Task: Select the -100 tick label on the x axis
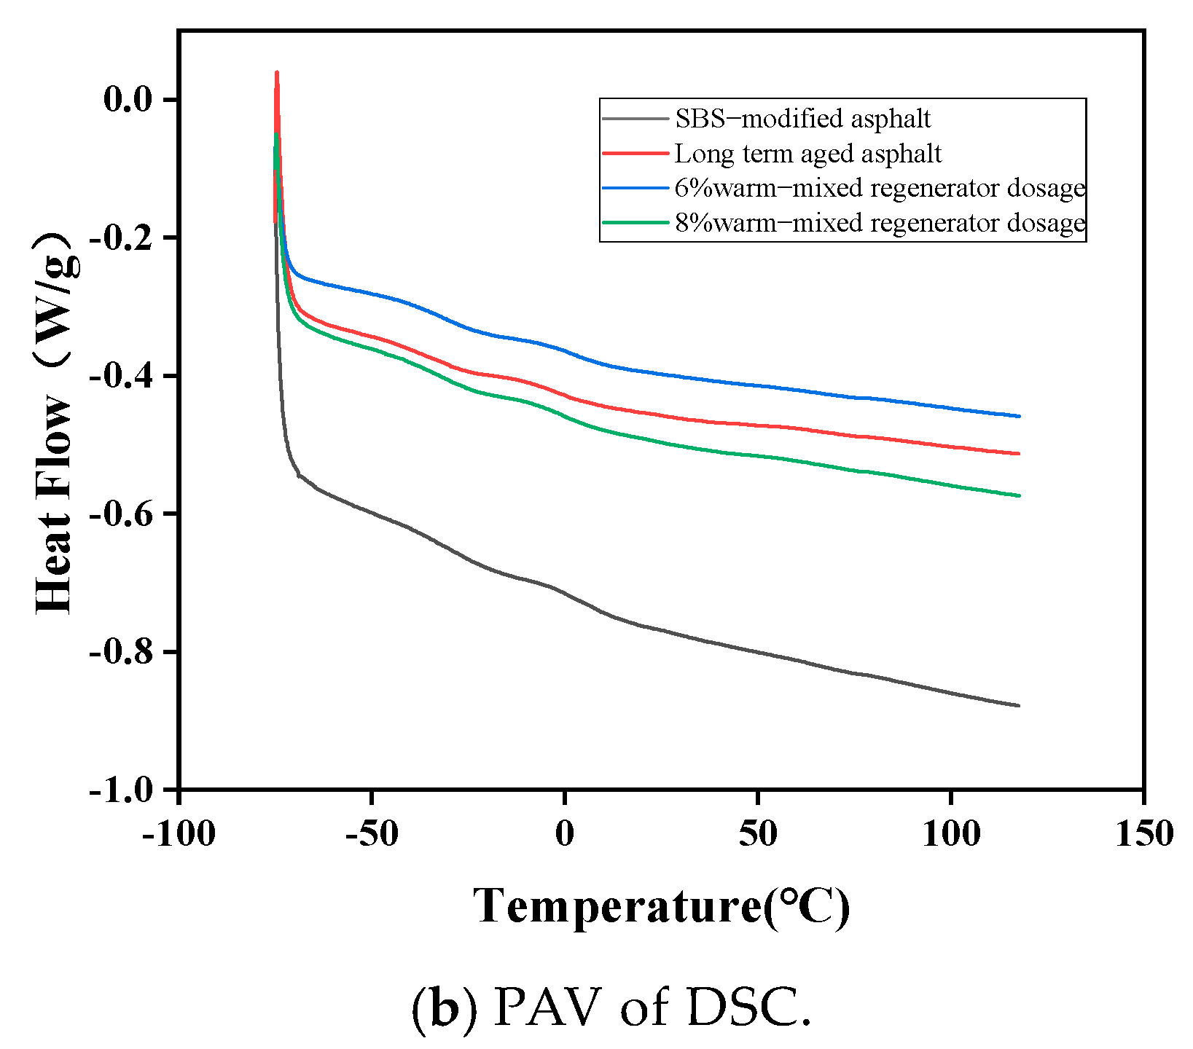pos(179,834)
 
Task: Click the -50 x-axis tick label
pos(372,834)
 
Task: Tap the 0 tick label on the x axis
pos(565,834)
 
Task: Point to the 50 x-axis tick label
pos(758,834)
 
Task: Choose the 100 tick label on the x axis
pos(951,834)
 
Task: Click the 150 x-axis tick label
pos(1144,834)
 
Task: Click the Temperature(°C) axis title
pos(662,907)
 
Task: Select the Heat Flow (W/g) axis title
pos(57,423)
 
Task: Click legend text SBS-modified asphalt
pos(802,118)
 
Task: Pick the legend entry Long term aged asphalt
pos(808,154)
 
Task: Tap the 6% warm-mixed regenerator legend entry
pos(880,188)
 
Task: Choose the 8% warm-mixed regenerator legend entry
pos(880,222)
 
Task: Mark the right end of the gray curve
pos(1019,705)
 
